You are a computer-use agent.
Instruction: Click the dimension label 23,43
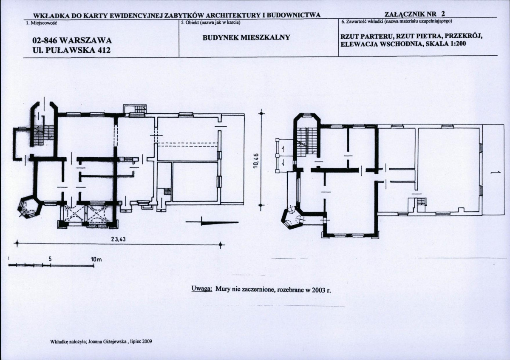119,239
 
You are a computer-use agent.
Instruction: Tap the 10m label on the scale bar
96,259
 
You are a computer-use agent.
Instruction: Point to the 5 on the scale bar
50,259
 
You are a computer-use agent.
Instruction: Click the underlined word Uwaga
202,288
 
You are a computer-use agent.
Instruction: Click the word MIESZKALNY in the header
265,37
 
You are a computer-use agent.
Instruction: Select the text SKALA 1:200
446,44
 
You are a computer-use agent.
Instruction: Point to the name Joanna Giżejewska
107,342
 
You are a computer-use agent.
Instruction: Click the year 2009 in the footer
148,342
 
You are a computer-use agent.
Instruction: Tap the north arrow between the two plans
212,222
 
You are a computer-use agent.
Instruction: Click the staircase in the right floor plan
307,142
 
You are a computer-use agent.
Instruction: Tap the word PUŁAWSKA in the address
71,50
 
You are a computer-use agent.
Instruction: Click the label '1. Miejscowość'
42,23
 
